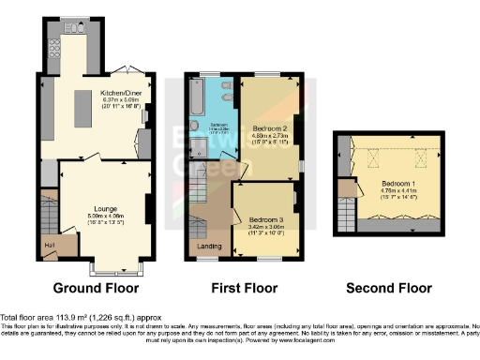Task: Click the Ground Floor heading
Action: [97, 289]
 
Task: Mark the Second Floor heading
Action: [389, 289]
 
